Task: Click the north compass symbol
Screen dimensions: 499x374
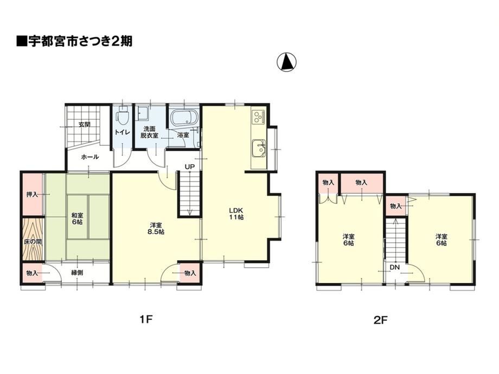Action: pyautogui.click(x=286, y=62)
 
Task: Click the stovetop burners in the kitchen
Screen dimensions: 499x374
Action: pyautogui.click(x=258, y=117)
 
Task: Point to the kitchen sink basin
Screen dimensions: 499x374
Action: pyautogui.click(x=259, y=149)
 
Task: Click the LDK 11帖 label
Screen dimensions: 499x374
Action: pyautogui.click(x=236, y=214)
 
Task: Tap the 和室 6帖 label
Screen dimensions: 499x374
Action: pyautogui.click(x=77, y=218)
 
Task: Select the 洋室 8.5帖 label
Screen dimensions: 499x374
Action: pyautogui.click(x=156, y=228)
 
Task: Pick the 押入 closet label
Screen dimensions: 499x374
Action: pyautogui.click(x=32, y=194)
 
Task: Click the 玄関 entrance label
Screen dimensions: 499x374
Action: pyautogui.click(x=84, y=124)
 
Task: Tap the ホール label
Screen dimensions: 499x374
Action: pyautogui.click(x=90, y=157)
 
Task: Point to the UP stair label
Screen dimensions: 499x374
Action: pyautogui.click(x=190, y=166)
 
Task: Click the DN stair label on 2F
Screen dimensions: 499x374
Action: pyautogui.click(x=395, y=267)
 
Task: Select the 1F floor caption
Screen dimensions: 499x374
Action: pyautogui.click(x=146, y=319)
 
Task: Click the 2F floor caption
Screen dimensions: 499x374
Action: pyautogui.click(x=380, y=320)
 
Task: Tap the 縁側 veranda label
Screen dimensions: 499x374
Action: pyautogui.click(x=77, y=273)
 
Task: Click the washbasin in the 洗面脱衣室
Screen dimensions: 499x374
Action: pyautogui.click(x=142, y=113)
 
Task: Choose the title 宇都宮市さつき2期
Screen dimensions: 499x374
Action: pyautogui.click(x=74, y=41)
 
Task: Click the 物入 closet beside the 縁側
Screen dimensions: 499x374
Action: pyautogui.click(x=32, y=273)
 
